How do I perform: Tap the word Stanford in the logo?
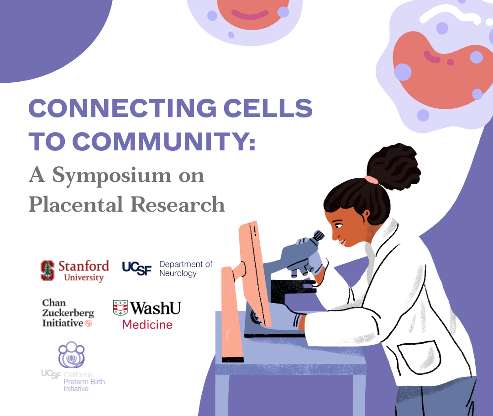coord(84,266)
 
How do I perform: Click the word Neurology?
coord(178,273)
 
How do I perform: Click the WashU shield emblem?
coord(120,308)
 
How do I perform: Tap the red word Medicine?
coord(147,325)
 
